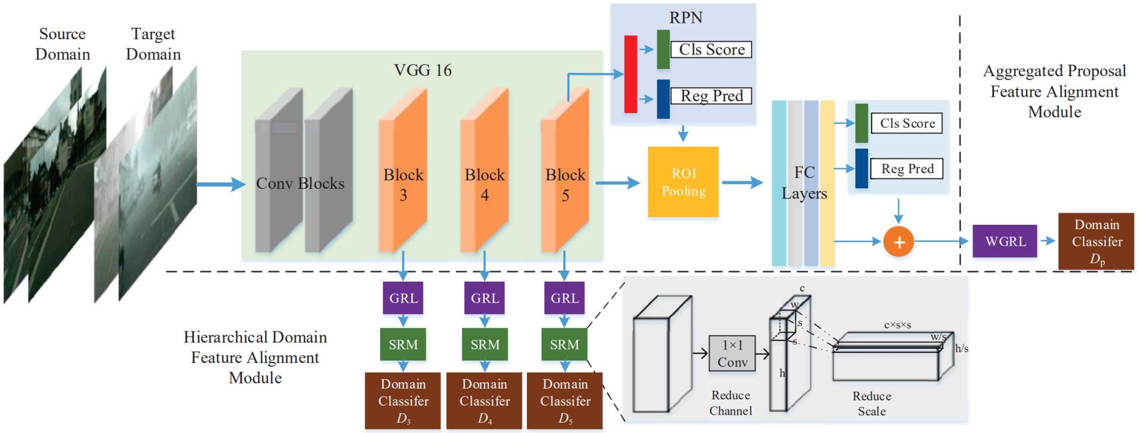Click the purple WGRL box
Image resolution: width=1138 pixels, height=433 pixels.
[x=1005, y=241]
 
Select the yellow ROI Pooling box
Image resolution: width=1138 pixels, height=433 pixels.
[x=683, y=182]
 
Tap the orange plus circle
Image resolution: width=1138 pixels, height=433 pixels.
[x=898, y=241]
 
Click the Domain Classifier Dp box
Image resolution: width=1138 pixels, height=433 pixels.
[x=1096, y=241]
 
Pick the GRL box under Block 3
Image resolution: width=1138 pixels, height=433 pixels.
[x=403, y=298]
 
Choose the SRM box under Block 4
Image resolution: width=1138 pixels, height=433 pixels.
[x=484, y=344]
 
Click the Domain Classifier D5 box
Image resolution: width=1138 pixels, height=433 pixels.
[x=564, y=401]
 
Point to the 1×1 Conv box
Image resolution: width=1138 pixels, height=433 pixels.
[x=732, y=353]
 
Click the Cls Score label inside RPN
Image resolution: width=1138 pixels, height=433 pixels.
[x=711, y=50]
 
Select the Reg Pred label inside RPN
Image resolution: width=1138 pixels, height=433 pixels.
[x=711, y=96]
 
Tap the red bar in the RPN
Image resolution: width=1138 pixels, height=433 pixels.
[x=630, y=74]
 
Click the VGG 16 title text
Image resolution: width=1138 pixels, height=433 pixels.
[x=422, y=70]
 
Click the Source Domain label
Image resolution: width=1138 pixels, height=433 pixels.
[x=63, y=44]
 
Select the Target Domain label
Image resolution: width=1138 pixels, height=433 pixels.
[x=153, y=44]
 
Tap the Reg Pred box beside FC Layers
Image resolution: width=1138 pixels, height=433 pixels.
[x=907, y=168]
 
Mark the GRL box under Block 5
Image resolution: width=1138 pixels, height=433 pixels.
[x=564, y=298]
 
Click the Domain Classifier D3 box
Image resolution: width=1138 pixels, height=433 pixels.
[x=403, y=401]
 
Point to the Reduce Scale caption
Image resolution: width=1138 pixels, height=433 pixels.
[x=871, y=403]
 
